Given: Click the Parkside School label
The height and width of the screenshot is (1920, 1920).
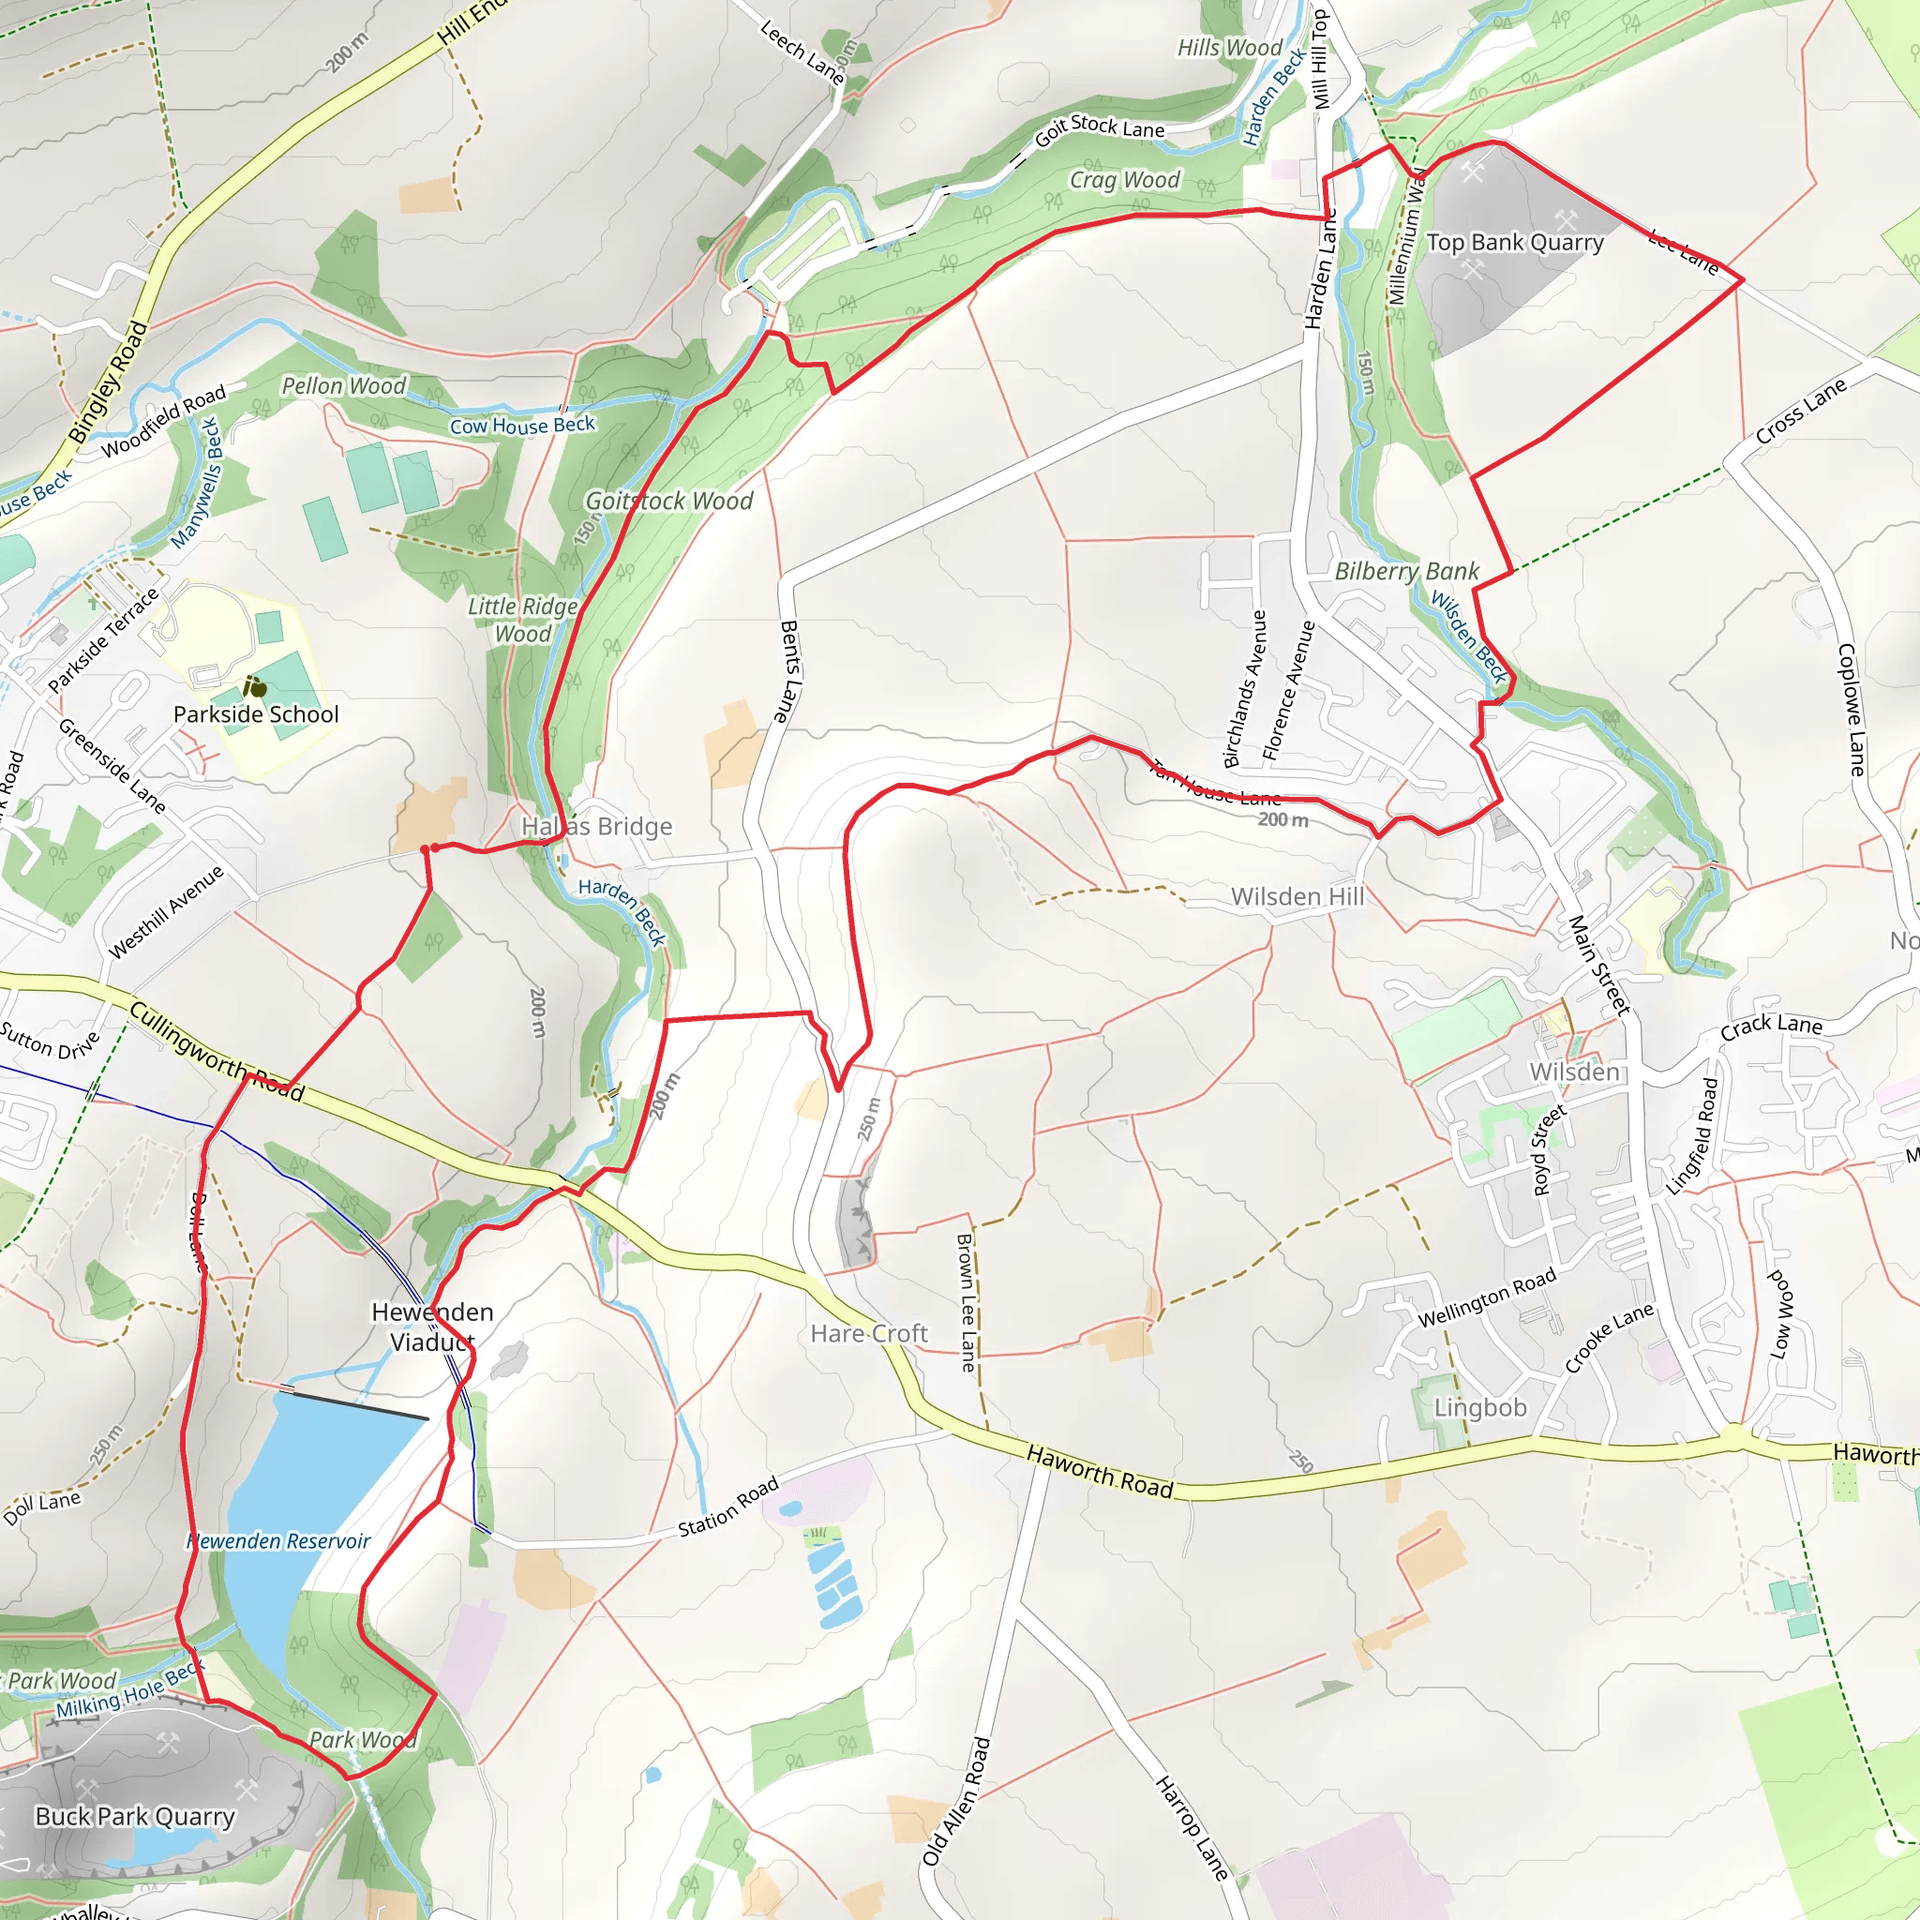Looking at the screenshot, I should [255, 714].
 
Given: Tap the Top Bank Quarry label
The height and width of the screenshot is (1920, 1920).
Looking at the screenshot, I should [1515, 243].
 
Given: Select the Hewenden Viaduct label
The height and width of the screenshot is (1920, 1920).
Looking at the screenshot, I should [432, 1327].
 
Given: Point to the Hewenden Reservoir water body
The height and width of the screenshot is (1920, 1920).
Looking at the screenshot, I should [298, 1491].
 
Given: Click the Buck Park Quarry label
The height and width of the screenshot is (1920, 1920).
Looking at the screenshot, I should [135, 1817].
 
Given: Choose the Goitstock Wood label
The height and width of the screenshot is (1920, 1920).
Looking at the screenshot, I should [668, 501].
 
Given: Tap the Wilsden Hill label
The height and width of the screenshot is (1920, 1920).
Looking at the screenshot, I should [1297, 896].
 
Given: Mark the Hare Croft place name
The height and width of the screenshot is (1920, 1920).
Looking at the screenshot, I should [868, 1334].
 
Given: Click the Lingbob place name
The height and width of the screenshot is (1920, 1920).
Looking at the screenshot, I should [1479, 1408].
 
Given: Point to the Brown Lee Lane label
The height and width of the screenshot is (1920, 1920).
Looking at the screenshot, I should [965, 1302].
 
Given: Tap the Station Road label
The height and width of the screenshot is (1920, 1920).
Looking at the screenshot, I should [728, 1507].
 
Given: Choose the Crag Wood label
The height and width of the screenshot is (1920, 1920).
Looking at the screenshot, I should [1124, 180].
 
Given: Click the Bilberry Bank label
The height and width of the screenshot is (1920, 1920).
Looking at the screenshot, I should [1406, 572].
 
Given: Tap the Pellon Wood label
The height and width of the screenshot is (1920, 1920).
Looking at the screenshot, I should [344, 385].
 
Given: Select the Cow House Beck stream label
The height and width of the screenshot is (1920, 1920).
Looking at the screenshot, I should [522, 426].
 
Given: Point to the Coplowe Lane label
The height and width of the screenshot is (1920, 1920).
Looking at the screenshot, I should [1851, 710].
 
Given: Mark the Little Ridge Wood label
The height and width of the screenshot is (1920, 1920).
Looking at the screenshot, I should [522, 620].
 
